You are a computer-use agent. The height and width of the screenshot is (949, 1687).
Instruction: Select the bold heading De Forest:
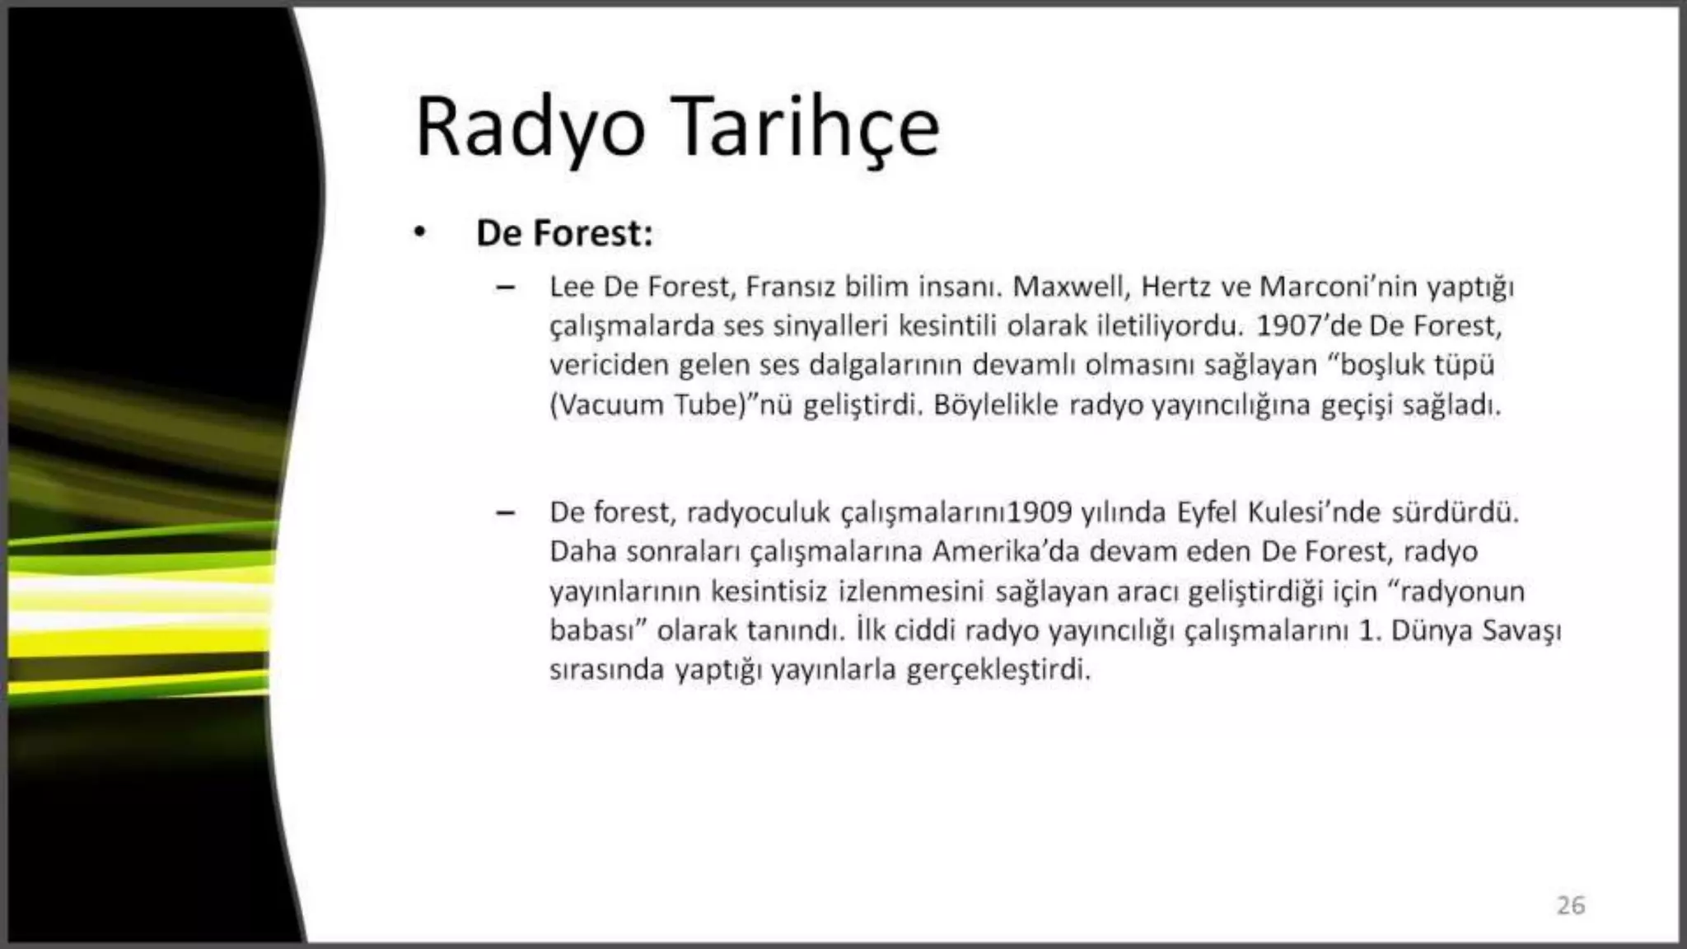[564, 233]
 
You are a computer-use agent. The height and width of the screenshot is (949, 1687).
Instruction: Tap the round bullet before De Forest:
[421, 233]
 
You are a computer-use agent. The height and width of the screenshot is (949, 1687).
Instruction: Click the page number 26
[1570, 905]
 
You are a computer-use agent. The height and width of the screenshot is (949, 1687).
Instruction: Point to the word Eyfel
[1208, 512]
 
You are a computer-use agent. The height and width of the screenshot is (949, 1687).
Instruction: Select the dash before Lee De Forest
[505, 288]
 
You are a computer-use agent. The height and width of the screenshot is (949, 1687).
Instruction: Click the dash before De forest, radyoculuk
[505, 513]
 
